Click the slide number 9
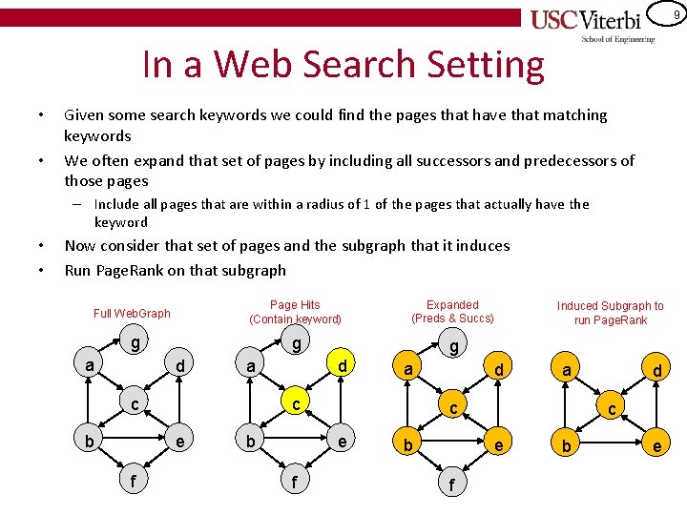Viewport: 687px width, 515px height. coord(676,14)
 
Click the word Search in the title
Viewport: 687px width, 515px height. coord(377,65)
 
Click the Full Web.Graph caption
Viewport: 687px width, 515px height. coord(132,313)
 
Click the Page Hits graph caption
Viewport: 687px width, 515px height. coord(295,312)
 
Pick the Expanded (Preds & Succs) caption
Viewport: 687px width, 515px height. coord(452,312)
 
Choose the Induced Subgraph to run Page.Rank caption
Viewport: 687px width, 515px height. coord(611,313)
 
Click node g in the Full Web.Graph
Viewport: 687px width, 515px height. coord(136,342)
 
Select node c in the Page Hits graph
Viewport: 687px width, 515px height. coord(297,404)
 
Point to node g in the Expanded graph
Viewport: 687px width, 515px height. coord(455,346)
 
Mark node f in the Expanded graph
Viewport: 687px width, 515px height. coord(451,484)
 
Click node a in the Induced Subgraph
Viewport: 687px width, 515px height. coord(567,369)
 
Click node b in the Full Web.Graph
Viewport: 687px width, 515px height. coord(89,442)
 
